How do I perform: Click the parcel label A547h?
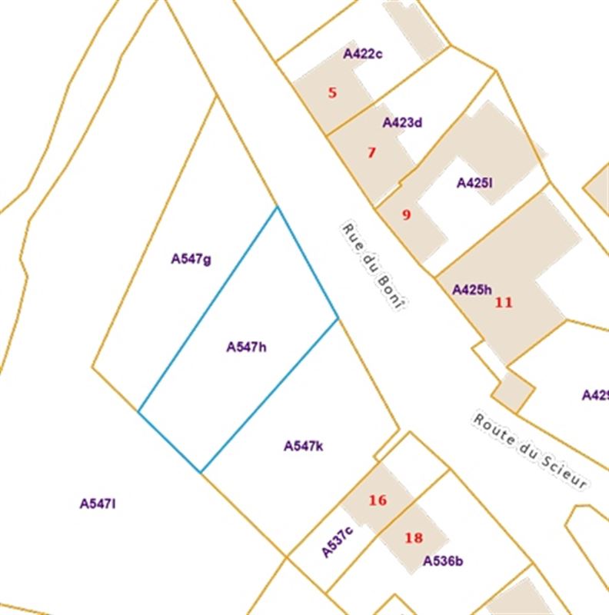tap(246, 347)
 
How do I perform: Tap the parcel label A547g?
tap(191, 259)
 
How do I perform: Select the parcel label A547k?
tap(303, 446)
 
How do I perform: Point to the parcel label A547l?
tap(98, 504)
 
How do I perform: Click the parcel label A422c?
tap(363, 54)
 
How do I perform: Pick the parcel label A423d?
tap(402, 122)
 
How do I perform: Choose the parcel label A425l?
tap(474, 183)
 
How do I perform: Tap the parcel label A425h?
tap(471, 290)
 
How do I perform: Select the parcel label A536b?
tap(443, 560)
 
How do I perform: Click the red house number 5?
tap(332, 93)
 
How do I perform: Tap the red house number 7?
tap(371, 152)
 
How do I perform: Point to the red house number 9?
tap(406, 214)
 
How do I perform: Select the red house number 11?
tap(504, 302)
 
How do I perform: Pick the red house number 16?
tap(377, 500)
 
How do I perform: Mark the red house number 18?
tap(414, 537)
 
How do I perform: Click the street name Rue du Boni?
tap(373, 267)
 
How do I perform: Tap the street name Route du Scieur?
tap(531, 452)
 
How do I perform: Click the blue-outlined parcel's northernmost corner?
tap(277, 207)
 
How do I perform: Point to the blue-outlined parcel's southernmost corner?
tap(201, 473)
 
